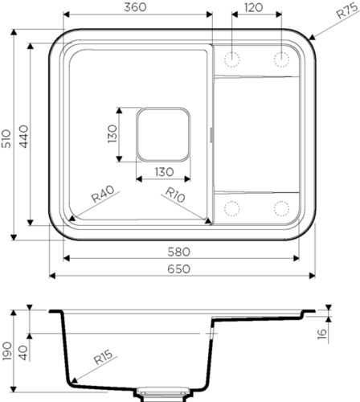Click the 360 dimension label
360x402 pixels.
(x=136, y=7)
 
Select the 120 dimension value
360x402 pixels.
(x=255, y=7)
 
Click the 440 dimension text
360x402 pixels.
(x=26, y=136)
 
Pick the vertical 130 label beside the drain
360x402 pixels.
(x=112, y=133)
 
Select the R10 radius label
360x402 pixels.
(x=176, y=195)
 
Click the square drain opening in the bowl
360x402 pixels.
(x=163, y=133)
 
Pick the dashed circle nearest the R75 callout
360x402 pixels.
(x=282, y=59)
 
